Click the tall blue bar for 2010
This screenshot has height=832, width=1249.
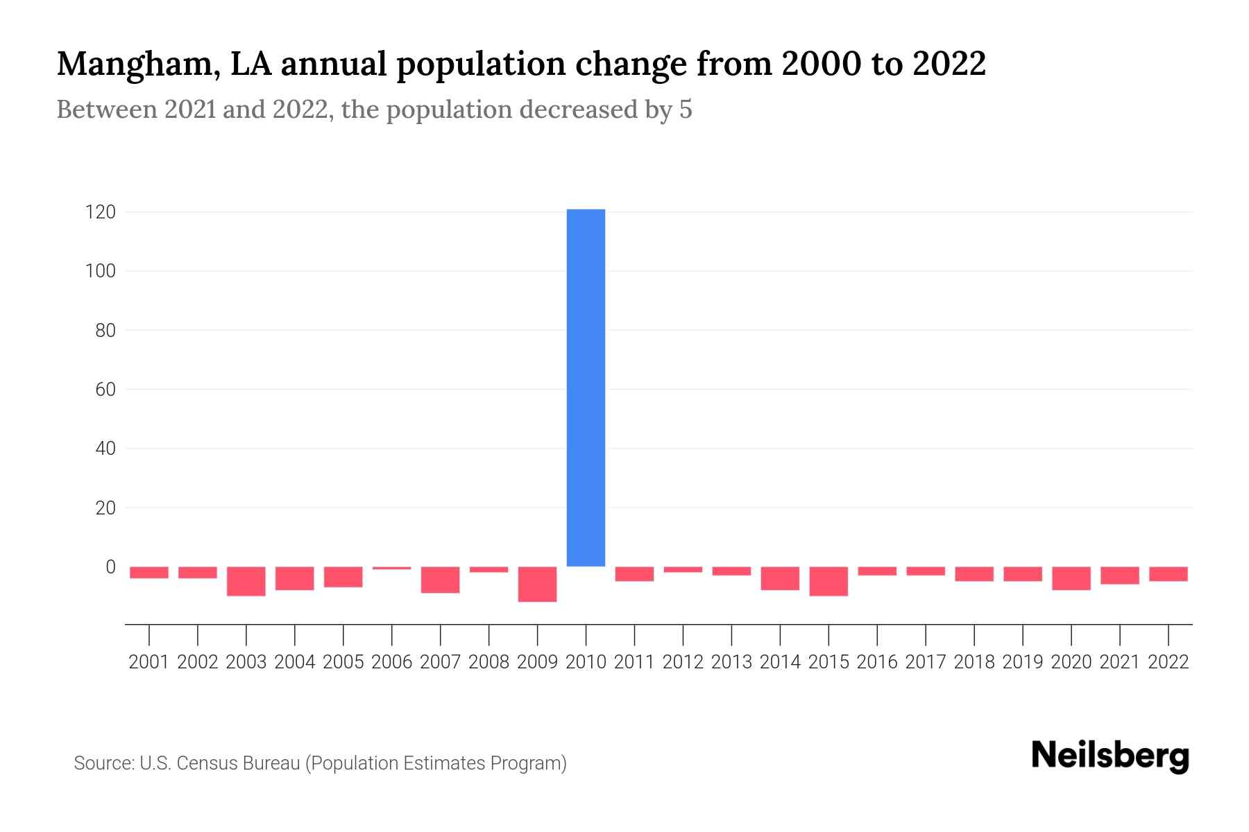586,388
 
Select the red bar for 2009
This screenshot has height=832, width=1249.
537,584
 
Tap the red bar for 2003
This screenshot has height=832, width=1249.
246,581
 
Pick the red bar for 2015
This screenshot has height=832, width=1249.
829,581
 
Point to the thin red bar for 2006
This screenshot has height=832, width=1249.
392,568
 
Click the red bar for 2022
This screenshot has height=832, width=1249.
1169,574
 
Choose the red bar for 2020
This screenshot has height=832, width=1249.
1071,578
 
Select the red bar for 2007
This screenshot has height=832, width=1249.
441,580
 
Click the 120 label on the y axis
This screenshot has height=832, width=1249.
100,212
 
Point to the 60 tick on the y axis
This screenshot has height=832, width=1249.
105,390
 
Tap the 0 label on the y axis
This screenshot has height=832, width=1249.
110,567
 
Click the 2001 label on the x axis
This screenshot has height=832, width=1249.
149,662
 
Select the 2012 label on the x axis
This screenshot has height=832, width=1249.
683,662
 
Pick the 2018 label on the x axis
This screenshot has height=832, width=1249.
974,662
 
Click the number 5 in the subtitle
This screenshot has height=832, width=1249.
686,110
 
